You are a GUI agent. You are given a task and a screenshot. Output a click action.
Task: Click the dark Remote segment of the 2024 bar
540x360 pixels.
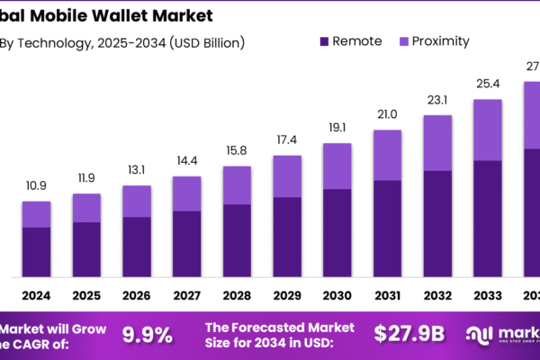(37, 251)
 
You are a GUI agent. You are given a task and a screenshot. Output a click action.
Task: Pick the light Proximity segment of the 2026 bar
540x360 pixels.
(137, 201)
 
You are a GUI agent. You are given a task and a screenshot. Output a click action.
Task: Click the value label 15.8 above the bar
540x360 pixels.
(237, 149)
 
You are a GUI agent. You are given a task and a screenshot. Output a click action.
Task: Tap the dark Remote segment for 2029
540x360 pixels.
(287, 236)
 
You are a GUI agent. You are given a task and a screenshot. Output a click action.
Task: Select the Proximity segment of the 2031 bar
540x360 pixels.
(387, 155)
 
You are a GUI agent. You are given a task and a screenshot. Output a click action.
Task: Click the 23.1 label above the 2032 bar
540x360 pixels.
(437, 98)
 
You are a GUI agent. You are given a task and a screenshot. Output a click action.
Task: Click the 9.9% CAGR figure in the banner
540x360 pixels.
(147, 335)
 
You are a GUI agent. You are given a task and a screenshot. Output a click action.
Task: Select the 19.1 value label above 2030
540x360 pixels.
(337, 127)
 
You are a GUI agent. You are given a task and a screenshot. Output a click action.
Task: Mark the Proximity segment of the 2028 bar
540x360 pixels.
(237, 184)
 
